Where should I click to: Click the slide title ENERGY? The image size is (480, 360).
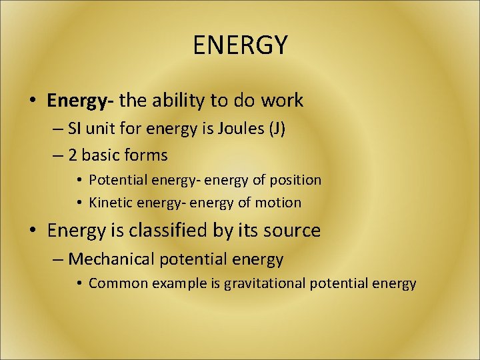(240, 45)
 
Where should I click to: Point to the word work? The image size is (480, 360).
(282, 101)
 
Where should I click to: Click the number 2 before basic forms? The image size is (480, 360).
(73, 155)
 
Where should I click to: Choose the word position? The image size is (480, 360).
(294, 180)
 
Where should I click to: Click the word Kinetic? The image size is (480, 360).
(111, 202)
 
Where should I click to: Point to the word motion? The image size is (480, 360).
(279, 202)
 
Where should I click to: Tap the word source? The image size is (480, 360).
(291, 231)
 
